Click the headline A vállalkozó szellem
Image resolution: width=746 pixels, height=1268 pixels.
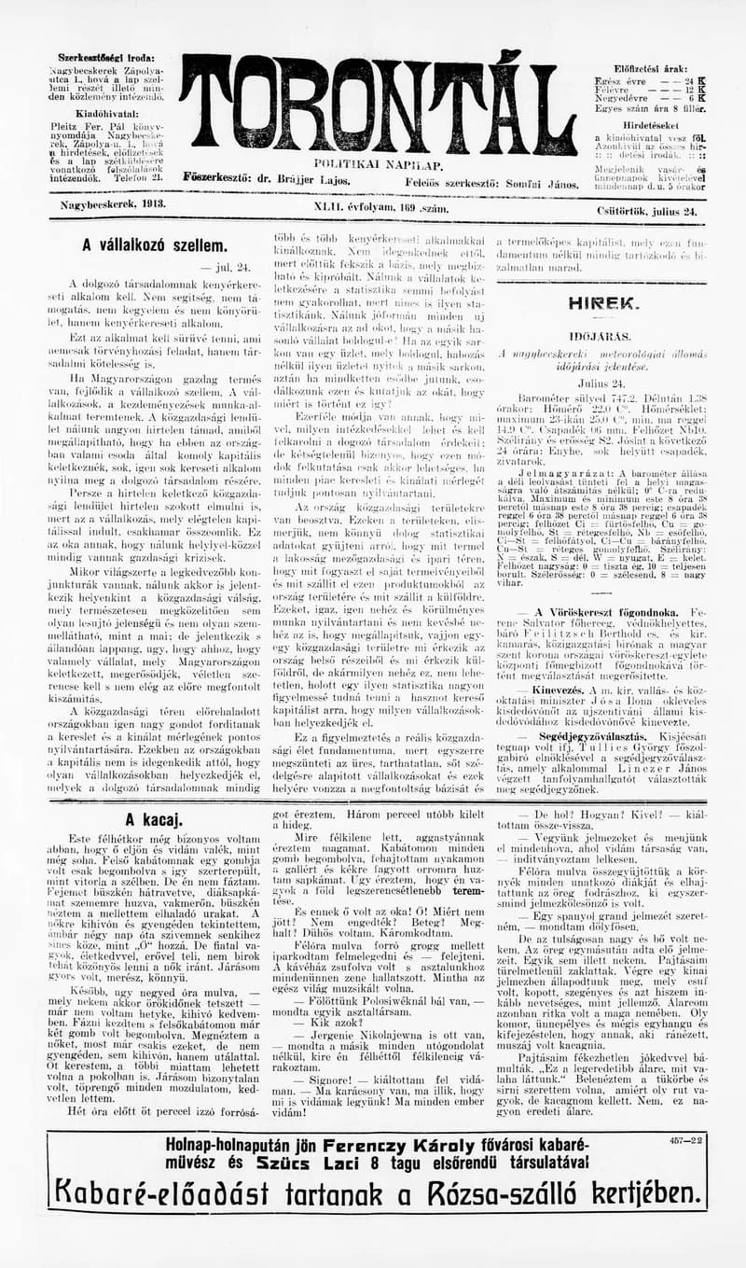tap(154, 246)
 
